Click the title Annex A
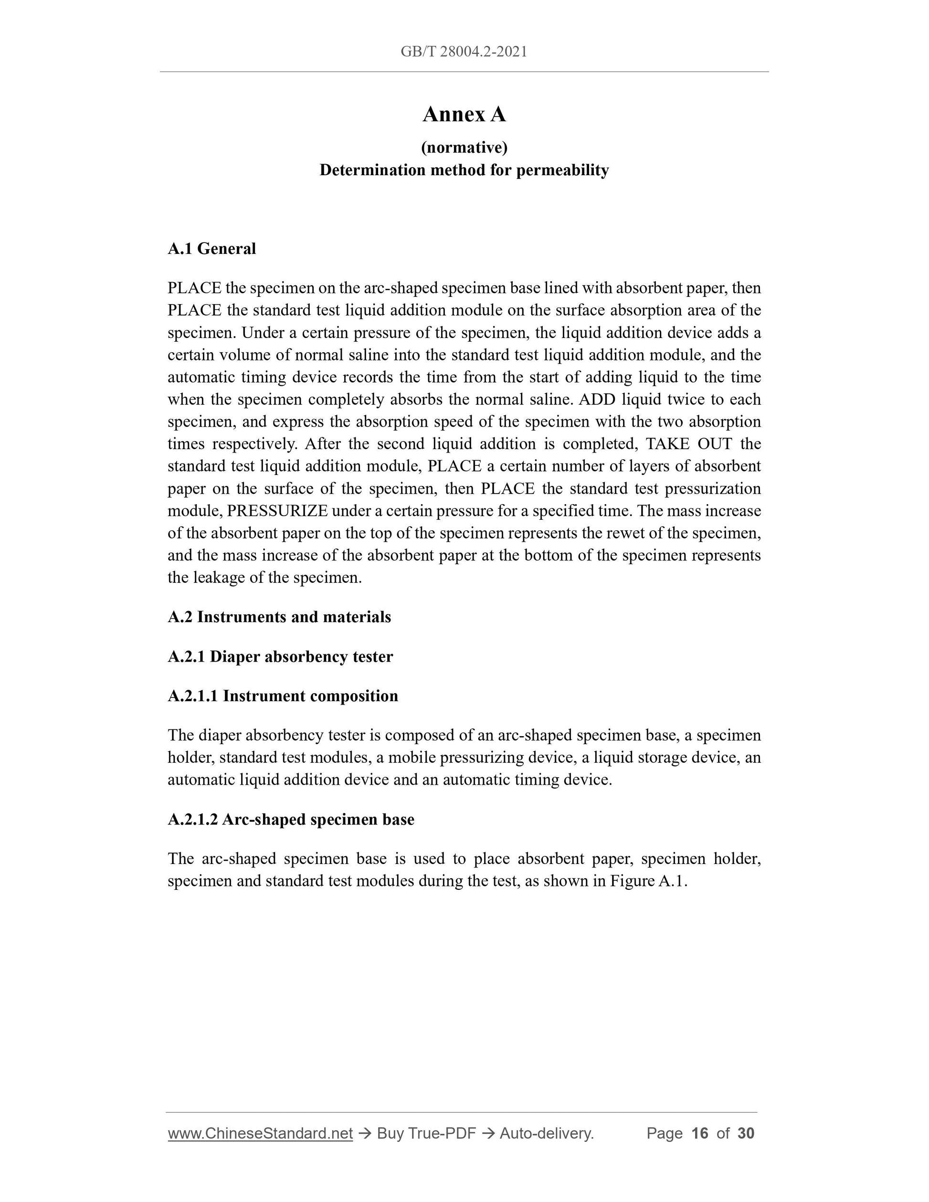(x=464, y=115)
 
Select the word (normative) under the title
(x=464, y=148)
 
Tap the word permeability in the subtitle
(x=562, y=170)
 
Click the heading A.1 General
(x=212, y=249)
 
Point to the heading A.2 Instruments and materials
(x=279, y=617)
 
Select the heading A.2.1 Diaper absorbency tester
(x=280, y=656)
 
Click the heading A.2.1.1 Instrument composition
(x=283, y=696)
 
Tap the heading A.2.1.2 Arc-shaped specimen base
(x=291, y=820)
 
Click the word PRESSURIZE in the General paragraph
(x=277, y=511)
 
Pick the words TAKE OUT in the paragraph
(x=688, y=444)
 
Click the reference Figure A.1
(x=648, y=881)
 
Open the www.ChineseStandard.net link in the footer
(x=260, y=1133)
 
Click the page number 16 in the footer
(x=699, y=1133)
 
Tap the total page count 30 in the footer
(x=745, y=1133)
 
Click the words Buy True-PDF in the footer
(x=426, y=1133)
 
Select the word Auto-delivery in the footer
(x=546, y=1133)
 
